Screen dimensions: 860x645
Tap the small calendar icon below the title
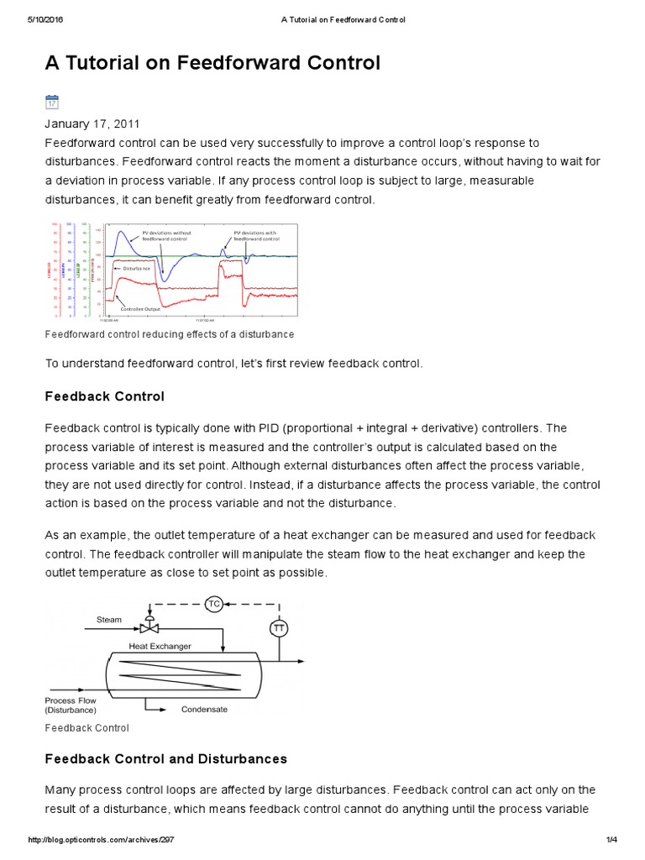pyautogui.click(x=51, y=102)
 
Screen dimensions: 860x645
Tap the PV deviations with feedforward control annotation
pyautogui.click(x=255, y=235)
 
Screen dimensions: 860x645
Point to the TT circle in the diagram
pyautogui.click(x=278, y=628)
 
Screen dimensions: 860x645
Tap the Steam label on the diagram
pyautogui.click(x=109, y=620)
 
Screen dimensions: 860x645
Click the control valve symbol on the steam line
pyautogui.click(x=149, y=627)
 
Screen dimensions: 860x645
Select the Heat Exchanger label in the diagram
pyautogui.click(x=160, y=646)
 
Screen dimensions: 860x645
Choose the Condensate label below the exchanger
pyautogui.click(x=204, y=709)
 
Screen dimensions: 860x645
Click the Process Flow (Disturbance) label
pyautogui.click(x=71, y=705)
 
